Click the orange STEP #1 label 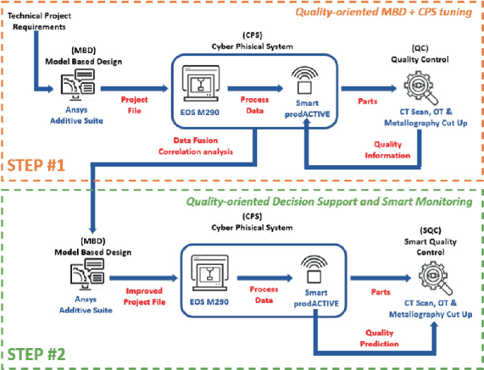tap(40, 167)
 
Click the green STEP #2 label tap(40, 352)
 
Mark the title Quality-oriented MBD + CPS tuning tap(384, 13)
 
